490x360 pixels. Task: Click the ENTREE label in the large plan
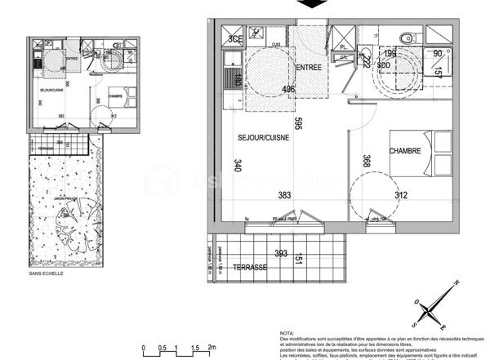[308, 68]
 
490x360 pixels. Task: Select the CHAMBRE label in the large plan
[404, 151]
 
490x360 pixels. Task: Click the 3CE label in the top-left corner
[236, 38]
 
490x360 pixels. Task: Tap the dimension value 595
[299, 124]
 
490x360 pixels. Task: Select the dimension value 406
[288, 90]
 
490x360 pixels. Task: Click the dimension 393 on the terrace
[282, 254]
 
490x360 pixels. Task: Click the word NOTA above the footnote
[287, 333]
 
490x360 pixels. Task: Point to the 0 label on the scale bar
[143, 347]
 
